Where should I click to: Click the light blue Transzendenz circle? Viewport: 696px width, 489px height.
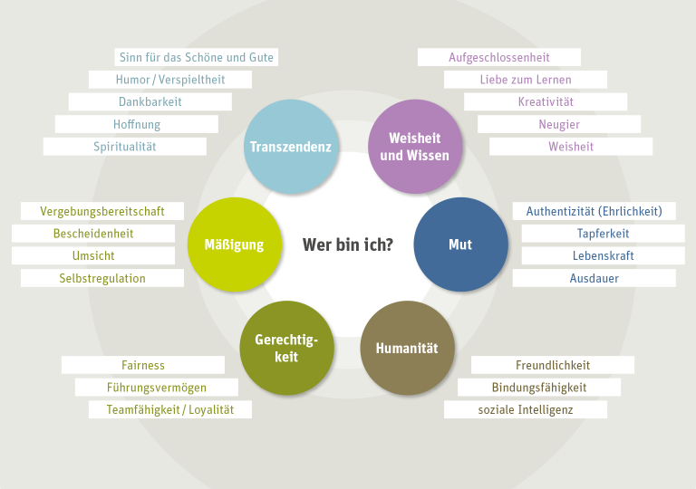pyautogui.click(x=291, y=147)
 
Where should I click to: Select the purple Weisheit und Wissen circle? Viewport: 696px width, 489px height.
pyautogui.click(x=415, y=147)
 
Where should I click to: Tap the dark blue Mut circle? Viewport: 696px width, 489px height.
pyautogui.click(x=460, y=244)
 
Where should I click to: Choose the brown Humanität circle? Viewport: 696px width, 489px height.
pyautogui.click(x=407, y=348)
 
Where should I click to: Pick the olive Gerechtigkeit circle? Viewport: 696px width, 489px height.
pyautogui.click(x=286, y=348)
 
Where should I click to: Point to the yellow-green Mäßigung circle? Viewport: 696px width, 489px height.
pyautogui.click(x=235, y=244)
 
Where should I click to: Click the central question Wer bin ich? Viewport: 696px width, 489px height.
pyautogui.click(x=348, y=244)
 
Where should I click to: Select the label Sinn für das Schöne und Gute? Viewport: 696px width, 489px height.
pyautogui.click(x=196, y=57)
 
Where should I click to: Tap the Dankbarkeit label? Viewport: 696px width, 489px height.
pyautogui.click(x=150, y=101)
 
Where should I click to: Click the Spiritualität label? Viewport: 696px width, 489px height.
pyautogui.click(x=125, y=147)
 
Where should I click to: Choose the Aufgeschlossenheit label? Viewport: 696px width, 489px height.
pyautogui.click(x=499, y=57)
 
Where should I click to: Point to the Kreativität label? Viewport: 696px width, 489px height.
pyautogui.click(x=546, y=101)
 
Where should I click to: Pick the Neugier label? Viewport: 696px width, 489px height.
pyautogui.click(x=559, y=124)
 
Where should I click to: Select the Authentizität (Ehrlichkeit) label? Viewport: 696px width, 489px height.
pyautogui.click(x=594, y=211)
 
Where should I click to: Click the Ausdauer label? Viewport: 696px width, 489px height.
pyautogui.click(x=594, y=278)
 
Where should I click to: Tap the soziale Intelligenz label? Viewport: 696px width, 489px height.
pyautogui.click(x=526, y=409)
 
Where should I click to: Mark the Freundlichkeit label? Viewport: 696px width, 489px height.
pyautogui.click(x=553, y=365)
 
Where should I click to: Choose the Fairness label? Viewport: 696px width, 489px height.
pyautogui.click(x=143, y=365)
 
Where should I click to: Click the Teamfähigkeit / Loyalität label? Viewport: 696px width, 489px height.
pyautogui.click(x=170, y=409)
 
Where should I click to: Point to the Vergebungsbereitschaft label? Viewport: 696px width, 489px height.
pyautogui.click(x=102, y=211)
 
